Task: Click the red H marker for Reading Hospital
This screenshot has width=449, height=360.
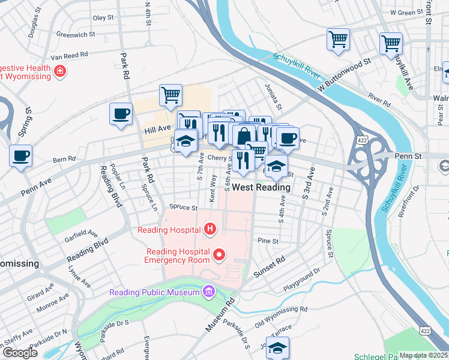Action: [210, 229]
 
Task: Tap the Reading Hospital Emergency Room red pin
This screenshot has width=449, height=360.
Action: [219, 256]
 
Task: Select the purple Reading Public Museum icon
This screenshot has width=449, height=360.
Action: [208, 292]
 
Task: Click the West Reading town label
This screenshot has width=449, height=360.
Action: [261, 187]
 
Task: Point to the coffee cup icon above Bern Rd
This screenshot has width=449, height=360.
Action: [20, 156]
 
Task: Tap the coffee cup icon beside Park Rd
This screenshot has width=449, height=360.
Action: [121, 113]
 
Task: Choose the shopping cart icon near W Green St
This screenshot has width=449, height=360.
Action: [338, 40]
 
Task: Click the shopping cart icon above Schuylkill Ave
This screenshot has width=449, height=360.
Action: [391, 43]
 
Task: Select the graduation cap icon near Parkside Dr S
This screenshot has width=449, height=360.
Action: [278, 347]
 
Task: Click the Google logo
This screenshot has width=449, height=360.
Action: [20, 353]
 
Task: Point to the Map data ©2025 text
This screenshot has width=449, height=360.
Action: [424, 355]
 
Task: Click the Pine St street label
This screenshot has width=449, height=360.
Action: [268, 241]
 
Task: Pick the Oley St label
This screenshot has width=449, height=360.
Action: [103, 18]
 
